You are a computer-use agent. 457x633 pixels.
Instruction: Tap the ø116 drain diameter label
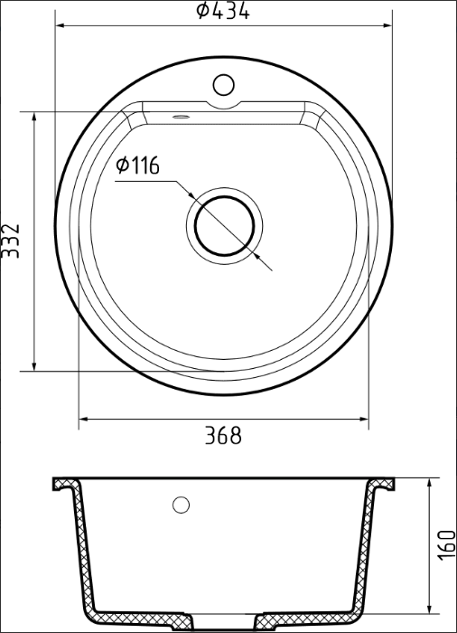(137, 165)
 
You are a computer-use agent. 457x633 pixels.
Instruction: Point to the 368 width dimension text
(222, 436)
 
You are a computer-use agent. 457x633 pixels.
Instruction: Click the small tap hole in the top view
(223, 87)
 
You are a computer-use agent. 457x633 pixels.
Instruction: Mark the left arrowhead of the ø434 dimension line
(60, 24)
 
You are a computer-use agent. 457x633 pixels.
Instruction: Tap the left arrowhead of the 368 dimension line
(83, 420)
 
